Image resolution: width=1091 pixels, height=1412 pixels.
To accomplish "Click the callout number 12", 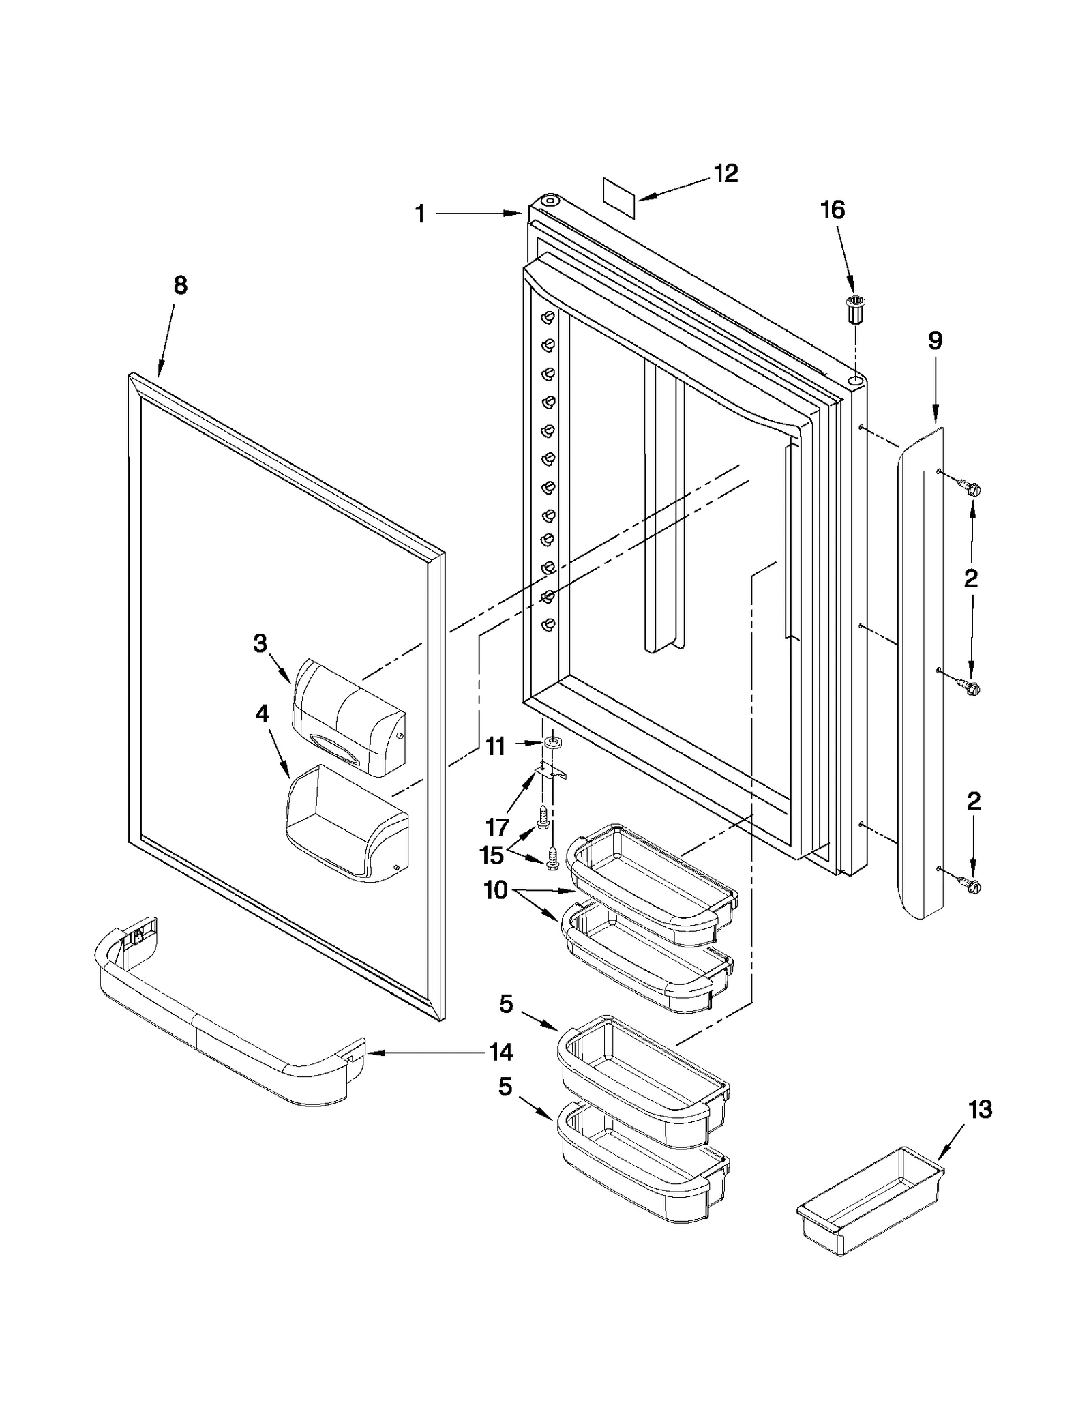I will pos(726,173).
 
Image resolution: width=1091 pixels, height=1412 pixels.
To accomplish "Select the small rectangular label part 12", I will pos(619,198).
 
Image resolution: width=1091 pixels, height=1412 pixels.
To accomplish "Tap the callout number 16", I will pos(833,209).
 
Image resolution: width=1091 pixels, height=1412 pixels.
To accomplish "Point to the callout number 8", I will pos(180,285).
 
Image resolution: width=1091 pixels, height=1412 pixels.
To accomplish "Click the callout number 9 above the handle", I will pos(935,340).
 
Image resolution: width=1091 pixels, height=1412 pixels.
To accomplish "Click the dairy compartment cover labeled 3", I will pos(348,718).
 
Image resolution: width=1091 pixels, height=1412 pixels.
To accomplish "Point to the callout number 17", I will pos(498,827).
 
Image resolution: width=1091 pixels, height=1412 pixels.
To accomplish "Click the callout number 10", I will pos(496,890).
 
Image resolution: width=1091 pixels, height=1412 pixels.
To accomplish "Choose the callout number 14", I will pos(501,1053).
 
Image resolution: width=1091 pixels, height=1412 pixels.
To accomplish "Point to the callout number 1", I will pos(421,215).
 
